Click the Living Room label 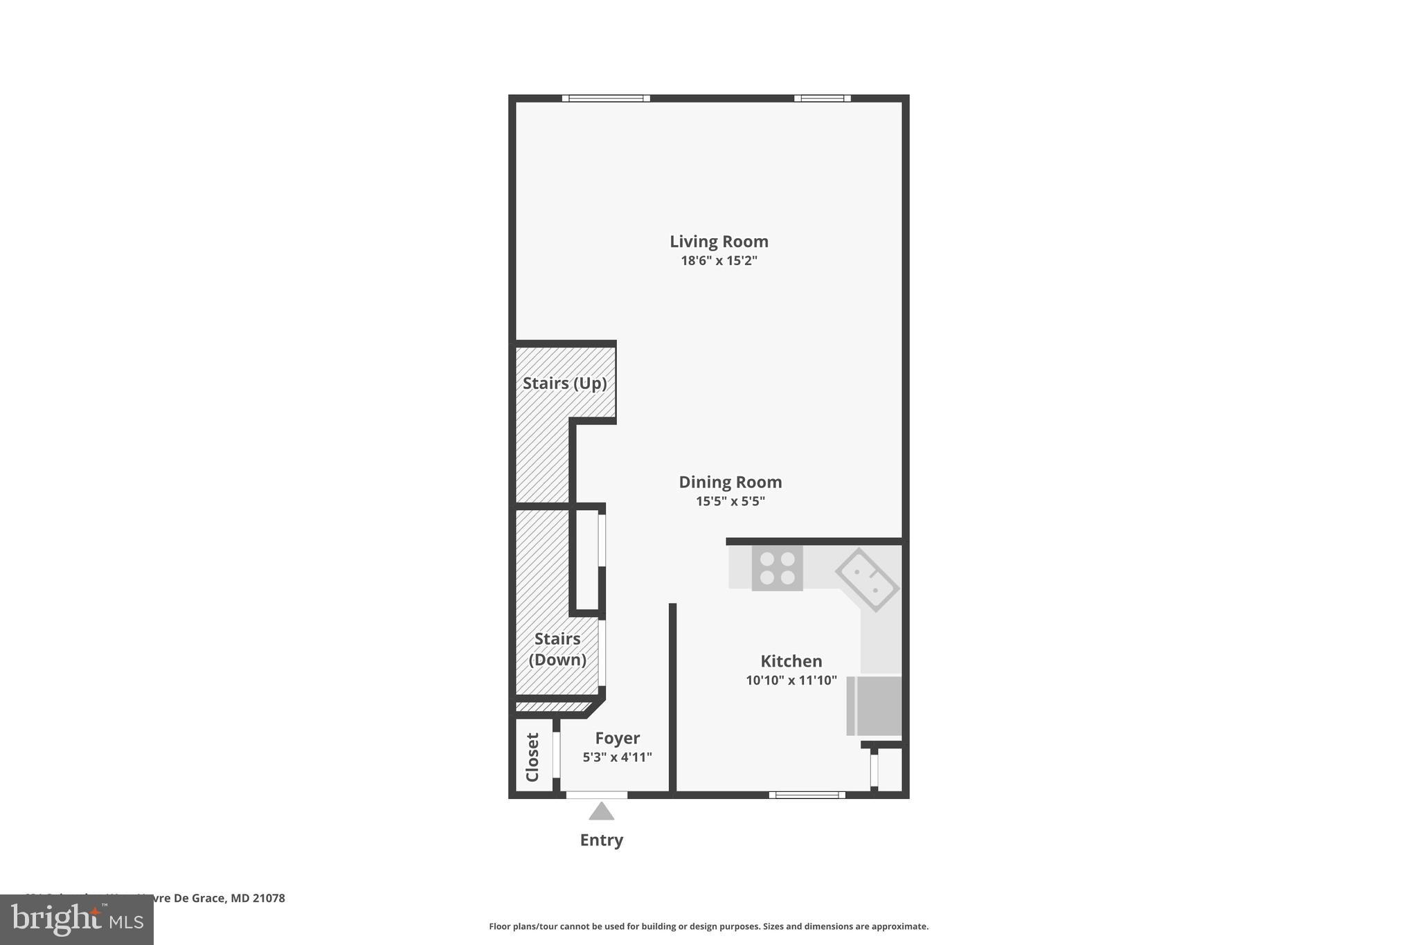(719, 242)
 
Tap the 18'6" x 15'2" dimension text (719, 261)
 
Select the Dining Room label (730, 482)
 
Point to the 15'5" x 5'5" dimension (730, 501)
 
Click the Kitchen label (791, 661)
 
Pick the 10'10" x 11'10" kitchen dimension (791, 681)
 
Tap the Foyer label (617, 738)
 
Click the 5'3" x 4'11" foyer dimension (617, 757)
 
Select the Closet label (532, 757)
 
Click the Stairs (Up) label (564, 383)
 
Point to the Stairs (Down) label (557, 649)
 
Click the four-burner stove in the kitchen (777, 568)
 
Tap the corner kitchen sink (867, 579)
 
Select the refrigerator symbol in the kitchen (874, 705)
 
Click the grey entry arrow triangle (601, 811)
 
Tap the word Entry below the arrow (601, 840)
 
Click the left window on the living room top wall (606, 98)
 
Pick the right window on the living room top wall (822, 98)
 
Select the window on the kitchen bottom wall (807, 795)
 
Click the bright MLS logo (77, 920)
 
